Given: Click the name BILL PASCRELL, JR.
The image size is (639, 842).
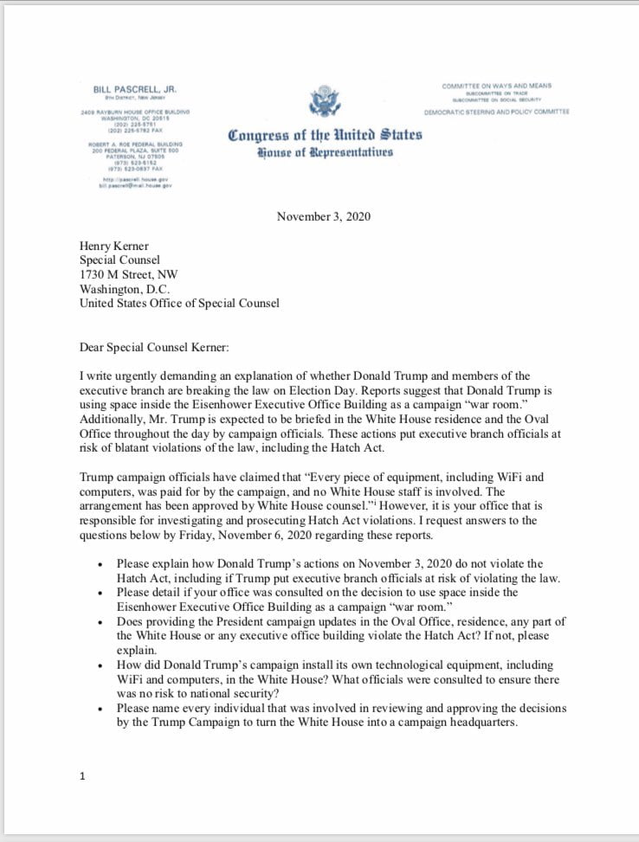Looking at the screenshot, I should pos(134,88).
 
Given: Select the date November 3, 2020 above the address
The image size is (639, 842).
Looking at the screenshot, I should pos(323,215).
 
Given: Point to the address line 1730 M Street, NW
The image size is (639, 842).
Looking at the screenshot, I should pos(128,274).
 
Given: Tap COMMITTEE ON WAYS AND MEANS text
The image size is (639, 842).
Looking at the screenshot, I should pos(496,86).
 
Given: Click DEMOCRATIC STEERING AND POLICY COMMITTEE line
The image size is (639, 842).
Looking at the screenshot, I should pos(496,112).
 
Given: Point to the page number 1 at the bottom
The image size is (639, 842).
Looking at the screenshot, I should pos(82,776).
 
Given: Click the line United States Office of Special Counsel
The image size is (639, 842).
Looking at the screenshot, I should pos(179,303).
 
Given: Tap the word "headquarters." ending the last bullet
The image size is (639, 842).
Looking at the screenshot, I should pos(474,723).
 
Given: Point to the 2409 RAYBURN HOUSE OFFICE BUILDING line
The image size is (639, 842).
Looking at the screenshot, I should pos(135,112).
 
